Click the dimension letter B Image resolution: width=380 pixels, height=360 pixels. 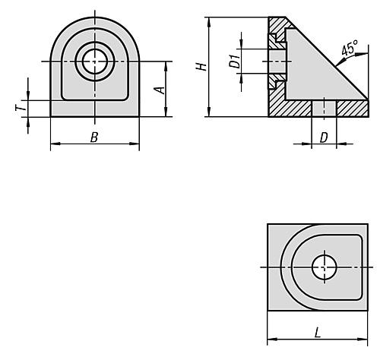click(x=94, y=137)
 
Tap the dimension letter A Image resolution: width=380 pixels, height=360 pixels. click(x=159, y=90)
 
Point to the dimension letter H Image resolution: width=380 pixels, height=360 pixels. click(x=200, y=66)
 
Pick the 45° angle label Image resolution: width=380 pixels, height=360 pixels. click(x=349, y=50)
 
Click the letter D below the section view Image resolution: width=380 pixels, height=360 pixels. click(x=323, y=137)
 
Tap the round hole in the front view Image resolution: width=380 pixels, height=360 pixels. click(x=95, y=59)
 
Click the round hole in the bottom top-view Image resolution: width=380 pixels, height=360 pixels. click(x=325, y=267)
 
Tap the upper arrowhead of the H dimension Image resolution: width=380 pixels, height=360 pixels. click(x=207, y=20)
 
